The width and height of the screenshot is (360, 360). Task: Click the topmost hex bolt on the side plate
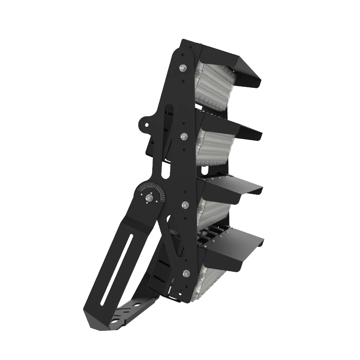click(x=183, y=67)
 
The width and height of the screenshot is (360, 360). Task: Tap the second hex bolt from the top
click(x=184, y=136)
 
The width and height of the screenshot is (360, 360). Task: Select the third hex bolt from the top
click(x=185, y=205)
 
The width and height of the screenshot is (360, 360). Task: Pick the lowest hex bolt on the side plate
click(x=186, y=273)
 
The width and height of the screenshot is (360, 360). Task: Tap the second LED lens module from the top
click(x=213, y=148)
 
